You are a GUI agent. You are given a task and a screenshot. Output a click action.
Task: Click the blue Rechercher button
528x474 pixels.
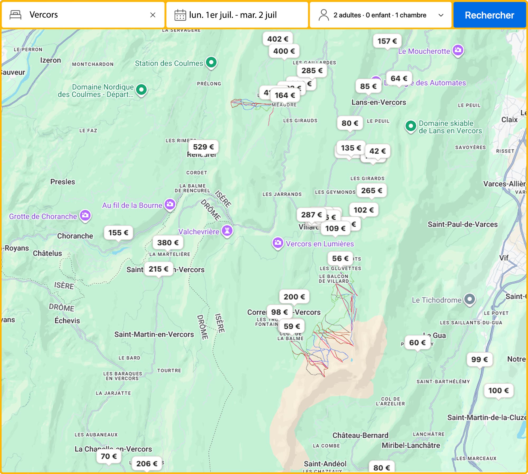pos(489,15)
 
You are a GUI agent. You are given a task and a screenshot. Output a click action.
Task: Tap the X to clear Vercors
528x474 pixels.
pos(153,15)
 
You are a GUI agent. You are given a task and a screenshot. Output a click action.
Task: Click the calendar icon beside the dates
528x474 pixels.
pos(180,15)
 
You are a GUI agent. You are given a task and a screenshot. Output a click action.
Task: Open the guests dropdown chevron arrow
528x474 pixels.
pos(441,15)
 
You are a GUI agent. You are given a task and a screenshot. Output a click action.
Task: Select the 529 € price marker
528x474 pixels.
pos(203,147)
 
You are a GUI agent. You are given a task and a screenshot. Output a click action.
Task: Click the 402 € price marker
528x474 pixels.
pos(277,39)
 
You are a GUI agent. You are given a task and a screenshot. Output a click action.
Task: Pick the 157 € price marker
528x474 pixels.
pos(387,41)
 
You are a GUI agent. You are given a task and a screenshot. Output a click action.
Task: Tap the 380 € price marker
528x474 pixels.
pos(168,243)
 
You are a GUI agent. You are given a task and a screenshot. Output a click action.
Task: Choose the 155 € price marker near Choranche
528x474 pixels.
pos(118,233)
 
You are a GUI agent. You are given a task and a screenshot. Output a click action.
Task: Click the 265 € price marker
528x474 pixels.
pos(371,191)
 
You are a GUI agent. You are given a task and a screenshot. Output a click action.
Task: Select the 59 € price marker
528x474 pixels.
pos(292,326)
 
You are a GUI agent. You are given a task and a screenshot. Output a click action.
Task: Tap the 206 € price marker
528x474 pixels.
pos(147,463)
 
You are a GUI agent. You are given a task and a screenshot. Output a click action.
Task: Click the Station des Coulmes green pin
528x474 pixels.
pos(211,62)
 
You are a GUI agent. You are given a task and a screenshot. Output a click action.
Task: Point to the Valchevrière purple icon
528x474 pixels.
pos(227,230)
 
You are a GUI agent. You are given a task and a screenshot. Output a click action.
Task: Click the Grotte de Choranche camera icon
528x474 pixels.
pos(85,215)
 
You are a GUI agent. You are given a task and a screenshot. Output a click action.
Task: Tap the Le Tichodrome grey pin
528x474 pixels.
pos(469,299)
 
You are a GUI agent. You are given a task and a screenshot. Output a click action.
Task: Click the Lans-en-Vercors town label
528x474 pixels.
pos(378,102)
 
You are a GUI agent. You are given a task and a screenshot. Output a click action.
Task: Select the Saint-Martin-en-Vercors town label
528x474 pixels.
pos(154,334)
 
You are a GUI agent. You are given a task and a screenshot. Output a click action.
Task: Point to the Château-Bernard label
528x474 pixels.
pos(360,435)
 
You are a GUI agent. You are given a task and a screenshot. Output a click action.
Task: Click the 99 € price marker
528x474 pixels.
pos(479,359)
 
